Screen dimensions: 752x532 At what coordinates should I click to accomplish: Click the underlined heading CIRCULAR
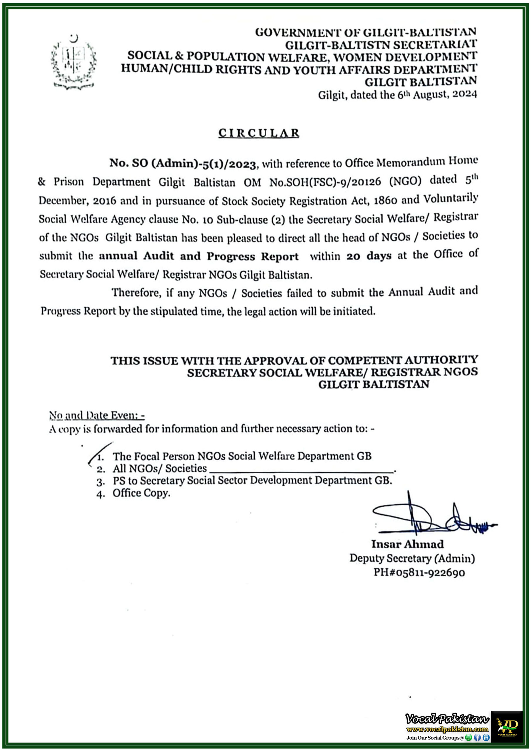(259, 133)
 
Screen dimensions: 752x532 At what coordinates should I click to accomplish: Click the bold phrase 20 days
(369, 256)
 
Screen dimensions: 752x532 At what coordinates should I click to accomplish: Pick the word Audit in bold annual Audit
(158, 256)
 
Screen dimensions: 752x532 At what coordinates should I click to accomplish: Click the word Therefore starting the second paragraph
(136, 292)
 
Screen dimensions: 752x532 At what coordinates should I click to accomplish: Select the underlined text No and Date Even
(96, 415)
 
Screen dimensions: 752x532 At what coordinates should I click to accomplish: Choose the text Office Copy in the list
(141, 493)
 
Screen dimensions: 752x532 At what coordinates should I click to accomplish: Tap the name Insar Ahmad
(407, 544)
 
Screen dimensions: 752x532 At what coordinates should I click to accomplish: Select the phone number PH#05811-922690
(419, 572)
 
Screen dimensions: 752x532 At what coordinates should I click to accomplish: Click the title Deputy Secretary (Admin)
(412, 558)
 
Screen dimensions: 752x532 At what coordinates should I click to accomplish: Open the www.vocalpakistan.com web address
(447, 729)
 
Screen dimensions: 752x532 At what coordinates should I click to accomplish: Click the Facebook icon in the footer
(477, 738)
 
